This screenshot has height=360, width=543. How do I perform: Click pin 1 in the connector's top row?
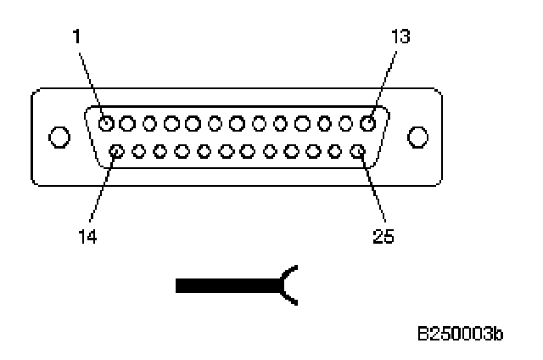(x=105, y=124)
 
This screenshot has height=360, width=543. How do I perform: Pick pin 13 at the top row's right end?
(x=368, y=124)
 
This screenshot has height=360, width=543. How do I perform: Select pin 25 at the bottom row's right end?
(x=357, y=153)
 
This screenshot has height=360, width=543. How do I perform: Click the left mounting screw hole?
(x=59, y=137)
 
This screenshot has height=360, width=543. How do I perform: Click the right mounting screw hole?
(x=417, y=137)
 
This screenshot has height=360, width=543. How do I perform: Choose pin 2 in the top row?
(x=127, y=124)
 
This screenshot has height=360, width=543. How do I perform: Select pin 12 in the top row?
(x=346, y=124)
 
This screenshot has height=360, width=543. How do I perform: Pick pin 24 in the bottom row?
(x=336, y=153)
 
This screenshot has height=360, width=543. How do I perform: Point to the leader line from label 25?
(x=372, y=191)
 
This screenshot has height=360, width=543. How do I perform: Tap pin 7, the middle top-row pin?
(x=237, y=124)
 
